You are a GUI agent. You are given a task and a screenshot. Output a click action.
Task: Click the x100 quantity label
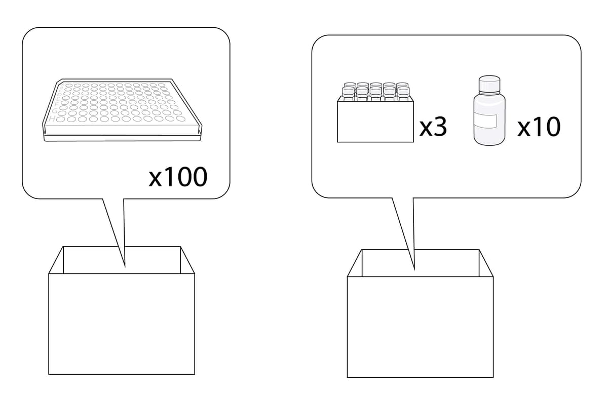[x=178, y=177]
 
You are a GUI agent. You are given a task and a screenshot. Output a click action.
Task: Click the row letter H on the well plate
[x=52, y=119]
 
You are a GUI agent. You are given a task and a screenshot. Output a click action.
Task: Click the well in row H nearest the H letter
[x=61, y=120]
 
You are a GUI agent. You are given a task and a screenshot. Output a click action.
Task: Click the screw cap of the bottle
[x=489, y=84]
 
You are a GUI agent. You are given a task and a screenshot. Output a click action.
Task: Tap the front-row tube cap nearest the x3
[x=403, y=91]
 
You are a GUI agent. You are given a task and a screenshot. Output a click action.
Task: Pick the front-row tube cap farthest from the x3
[x=348, y=91]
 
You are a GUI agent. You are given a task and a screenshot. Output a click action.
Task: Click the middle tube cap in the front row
[x=375, y=91]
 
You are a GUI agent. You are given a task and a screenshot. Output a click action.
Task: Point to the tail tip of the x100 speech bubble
[x=125, y=265]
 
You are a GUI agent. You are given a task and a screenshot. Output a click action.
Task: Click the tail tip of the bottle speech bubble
[x=414, y=268]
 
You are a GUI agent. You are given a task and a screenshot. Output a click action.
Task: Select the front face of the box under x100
[x=122, y=324]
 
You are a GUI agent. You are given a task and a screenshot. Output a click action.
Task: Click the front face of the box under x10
[x=420, y=327]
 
